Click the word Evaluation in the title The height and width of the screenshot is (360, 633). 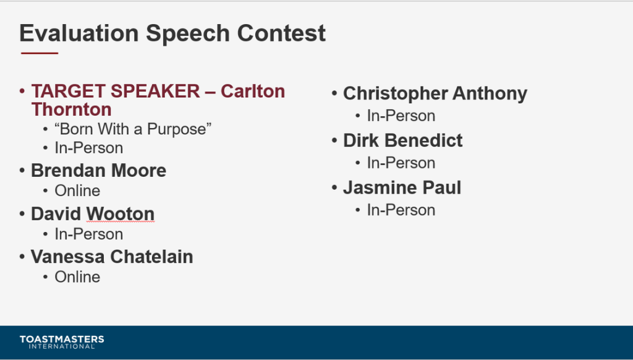coord(79,33)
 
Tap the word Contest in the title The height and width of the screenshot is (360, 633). coord(281,33)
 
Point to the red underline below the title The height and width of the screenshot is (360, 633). coord(40,53)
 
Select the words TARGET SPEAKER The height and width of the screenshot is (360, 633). coord(116,92)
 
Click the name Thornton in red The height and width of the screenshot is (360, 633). coord(72,109)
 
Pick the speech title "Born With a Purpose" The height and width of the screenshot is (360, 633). coord(133,129)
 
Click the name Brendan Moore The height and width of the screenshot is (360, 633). coord(98,171)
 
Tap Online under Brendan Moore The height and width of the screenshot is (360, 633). coord(77,191)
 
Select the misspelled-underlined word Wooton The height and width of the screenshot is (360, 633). coord(121,214)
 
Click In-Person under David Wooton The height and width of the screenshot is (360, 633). coord(89,234)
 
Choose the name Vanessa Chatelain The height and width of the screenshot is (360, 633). coord(112,257)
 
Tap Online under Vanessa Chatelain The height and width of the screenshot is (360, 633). coord(77,277)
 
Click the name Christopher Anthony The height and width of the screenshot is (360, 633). coord(435,94)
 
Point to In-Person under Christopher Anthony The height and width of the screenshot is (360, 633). coord(401,116)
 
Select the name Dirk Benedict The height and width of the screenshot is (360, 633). coord(403,140)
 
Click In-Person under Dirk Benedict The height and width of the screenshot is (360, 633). coord(401,163)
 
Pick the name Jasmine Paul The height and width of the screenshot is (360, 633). coord(402,188)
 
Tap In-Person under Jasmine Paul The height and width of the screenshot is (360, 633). coord(401,210)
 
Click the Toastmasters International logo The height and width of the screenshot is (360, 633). coord(62,342)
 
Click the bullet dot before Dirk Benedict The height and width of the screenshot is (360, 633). coord(334,140)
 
